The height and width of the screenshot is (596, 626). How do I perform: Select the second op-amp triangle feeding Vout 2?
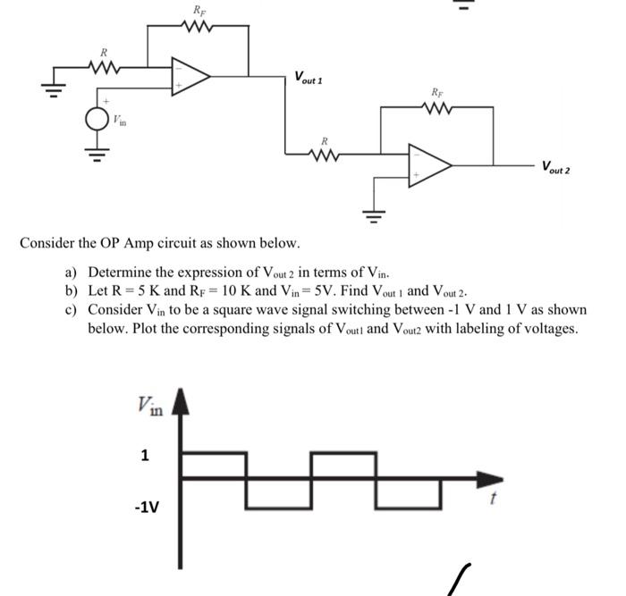point(428,165)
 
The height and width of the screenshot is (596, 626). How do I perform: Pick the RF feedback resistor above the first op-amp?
point(197,26)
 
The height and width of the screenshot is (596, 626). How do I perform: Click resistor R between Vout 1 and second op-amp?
point(325,154)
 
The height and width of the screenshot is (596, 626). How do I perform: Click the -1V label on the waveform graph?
point(146,508)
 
